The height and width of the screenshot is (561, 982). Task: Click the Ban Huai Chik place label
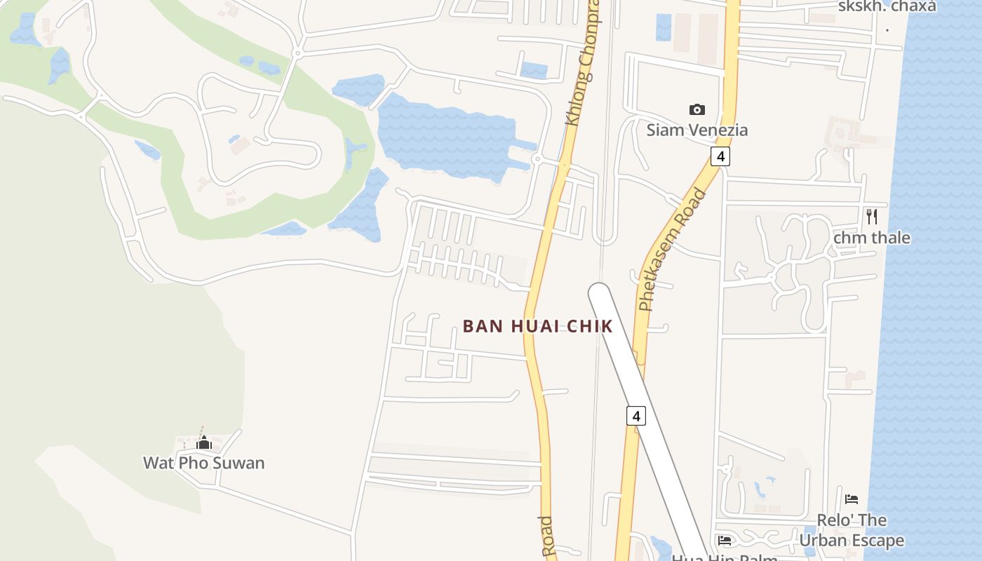pos(538,326)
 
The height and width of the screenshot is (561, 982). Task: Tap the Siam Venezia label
pos(697,130)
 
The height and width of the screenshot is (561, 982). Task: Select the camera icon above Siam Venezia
pos(697,109)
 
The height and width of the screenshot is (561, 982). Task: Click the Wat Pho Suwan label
pos(204,463)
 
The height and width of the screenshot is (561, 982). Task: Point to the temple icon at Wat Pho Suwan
pos(204,442)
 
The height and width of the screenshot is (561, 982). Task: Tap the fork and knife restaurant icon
pos(872,216)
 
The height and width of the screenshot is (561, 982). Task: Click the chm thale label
pos(872,238)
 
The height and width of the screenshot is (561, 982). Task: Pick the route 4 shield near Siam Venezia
pos(720,156)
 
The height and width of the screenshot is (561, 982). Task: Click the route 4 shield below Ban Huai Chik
pos(635,416)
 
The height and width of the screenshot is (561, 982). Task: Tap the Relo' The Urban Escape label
pos(852,531)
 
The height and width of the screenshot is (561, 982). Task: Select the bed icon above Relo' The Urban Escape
pos(852,499)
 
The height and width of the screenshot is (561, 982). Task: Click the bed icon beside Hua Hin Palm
pos(725,540)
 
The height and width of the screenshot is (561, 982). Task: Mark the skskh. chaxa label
pos(887,6)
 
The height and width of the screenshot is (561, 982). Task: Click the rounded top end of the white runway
pos(599,291)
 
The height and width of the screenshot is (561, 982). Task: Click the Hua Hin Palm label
pos(724,557)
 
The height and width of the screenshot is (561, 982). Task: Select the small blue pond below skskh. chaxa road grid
pos(663,27)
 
